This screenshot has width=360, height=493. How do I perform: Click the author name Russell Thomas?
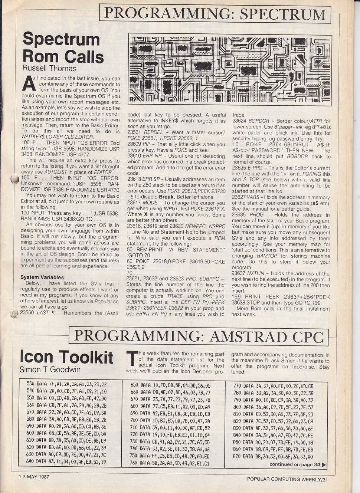[49, 69]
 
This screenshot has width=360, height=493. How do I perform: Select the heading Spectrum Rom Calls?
[63, 48]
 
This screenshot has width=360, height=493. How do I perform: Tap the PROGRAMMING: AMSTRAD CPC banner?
[198, 336]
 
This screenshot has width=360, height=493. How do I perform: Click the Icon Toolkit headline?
[66, 357]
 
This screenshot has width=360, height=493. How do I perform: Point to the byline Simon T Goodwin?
[50, 369]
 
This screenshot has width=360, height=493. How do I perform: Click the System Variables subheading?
[42, 277]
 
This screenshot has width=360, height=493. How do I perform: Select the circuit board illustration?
[230, 69]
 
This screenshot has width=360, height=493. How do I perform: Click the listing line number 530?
[30, 384]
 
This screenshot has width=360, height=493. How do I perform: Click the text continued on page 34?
[297, 464]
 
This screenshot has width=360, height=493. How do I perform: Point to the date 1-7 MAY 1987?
[34, 477]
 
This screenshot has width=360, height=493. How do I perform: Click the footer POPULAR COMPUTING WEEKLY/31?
[287, 479]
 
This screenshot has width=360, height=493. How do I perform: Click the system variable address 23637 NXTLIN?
[251, 273]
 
